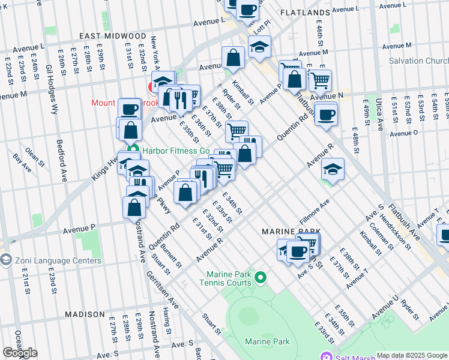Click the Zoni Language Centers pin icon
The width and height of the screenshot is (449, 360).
[x=6, y=260]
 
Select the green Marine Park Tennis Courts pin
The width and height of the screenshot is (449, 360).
[x=260, y=277]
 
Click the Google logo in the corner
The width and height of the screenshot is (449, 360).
[x=19, y=352]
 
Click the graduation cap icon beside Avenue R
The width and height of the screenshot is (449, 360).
[x=333, y=170]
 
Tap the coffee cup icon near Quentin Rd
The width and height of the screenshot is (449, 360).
[x=326, y=115]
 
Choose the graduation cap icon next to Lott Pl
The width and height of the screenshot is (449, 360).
[x=259, y=47]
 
